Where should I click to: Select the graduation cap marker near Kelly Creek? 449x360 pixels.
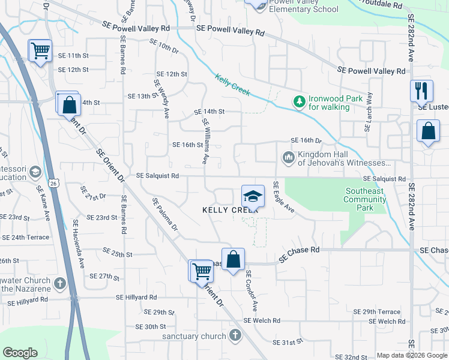click(x=253, y=196)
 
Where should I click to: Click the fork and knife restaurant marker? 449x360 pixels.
click(x=421, y=91)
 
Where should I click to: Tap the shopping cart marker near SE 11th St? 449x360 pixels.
click(x=40, y=51)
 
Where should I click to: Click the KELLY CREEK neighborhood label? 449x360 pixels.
click(x=230, y=210)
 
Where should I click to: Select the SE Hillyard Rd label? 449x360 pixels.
click(x=136, y=297)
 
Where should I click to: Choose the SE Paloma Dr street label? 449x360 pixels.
click(x=165, y=214)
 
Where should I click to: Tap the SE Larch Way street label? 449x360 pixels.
click(x=369, y=112)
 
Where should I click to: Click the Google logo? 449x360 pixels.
click(x=20, y=353)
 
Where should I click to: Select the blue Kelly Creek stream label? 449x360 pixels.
click(x=232, y=85)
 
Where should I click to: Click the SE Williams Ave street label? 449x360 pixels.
click(x=204, y=141)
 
